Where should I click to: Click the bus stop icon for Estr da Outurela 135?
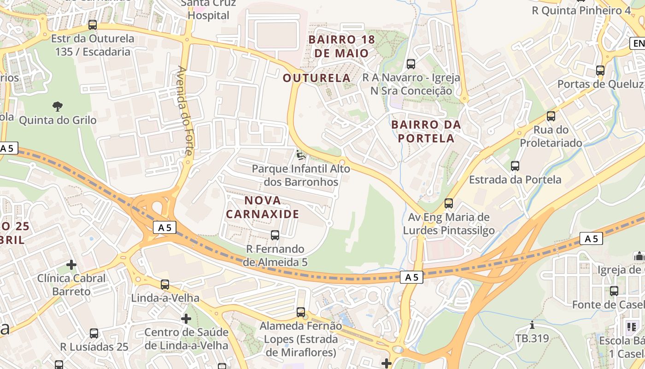point(93,25)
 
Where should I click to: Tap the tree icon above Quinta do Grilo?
point(58,107)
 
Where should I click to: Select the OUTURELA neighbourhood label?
point(317,78)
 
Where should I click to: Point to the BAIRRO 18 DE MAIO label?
point(341,46)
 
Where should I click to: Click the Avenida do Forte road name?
point(183,115)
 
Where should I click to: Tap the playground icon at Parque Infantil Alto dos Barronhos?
point(301,155)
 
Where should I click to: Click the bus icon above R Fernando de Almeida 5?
point(275,235)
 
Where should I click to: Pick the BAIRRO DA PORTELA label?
point(426,131)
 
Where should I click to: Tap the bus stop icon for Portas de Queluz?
point(600,71)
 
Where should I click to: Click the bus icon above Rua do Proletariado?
point(551,116)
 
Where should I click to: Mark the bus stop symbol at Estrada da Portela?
point(515,166)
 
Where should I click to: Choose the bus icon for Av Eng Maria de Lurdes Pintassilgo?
point(449,203)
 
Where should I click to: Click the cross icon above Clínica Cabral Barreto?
point(71,265)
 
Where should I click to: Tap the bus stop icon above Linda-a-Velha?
point(165,285)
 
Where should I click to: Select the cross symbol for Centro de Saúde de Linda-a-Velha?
point(186,319)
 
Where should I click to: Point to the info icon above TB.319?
point(532,325)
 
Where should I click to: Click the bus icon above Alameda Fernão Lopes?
point(301,312)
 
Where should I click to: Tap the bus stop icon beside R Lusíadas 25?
point(94,333)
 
